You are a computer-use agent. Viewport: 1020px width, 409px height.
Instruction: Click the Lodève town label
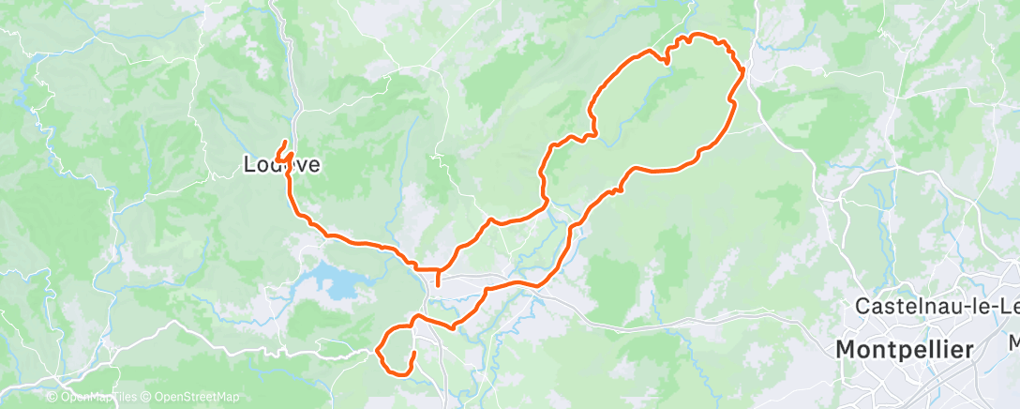click(x=281, y=165)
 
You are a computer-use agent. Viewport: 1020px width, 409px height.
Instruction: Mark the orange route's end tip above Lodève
click(x=285, y=142)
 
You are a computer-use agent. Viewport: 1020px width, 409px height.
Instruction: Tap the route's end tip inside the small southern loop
click(x=413, y=352)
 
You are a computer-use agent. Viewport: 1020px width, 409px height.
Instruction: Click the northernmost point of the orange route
click(x=694, y=35)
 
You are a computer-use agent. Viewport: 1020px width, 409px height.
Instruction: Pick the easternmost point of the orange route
click(x=744, y=69)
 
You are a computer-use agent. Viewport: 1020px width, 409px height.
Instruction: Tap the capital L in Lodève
click(x=248, y=165)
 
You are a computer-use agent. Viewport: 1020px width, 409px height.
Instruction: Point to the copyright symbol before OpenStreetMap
click(x=148, y=397)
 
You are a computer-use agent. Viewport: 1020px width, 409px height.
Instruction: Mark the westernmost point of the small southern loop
click(x=377, y=351)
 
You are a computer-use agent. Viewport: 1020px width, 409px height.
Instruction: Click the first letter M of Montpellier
click(x=845, y=350)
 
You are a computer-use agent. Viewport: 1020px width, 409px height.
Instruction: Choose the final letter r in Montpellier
click(x=967, y=350)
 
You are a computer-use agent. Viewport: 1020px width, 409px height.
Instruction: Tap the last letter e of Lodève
click(x=314, y=166)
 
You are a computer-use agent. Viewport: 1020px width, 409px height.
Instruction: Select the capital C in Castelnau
click(x=863, y=306)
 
